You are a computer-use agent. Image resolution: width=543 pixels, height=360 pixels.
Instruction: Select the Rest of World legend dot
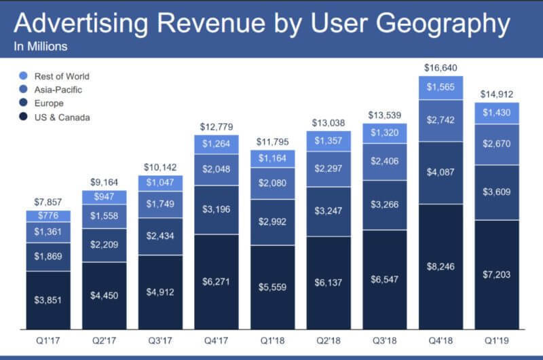(x=24, y=76)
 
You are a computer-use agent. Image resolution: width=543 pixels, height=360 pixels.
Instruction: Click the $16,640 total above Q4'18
(x=445, y=67)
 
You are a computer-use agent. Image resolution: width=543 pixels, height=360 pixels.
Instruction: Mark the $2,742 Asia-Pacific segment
(x=445, y=120)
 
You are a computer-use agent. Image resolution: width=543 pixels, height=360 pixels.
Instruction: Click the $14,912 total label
(x=502, y=94)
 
